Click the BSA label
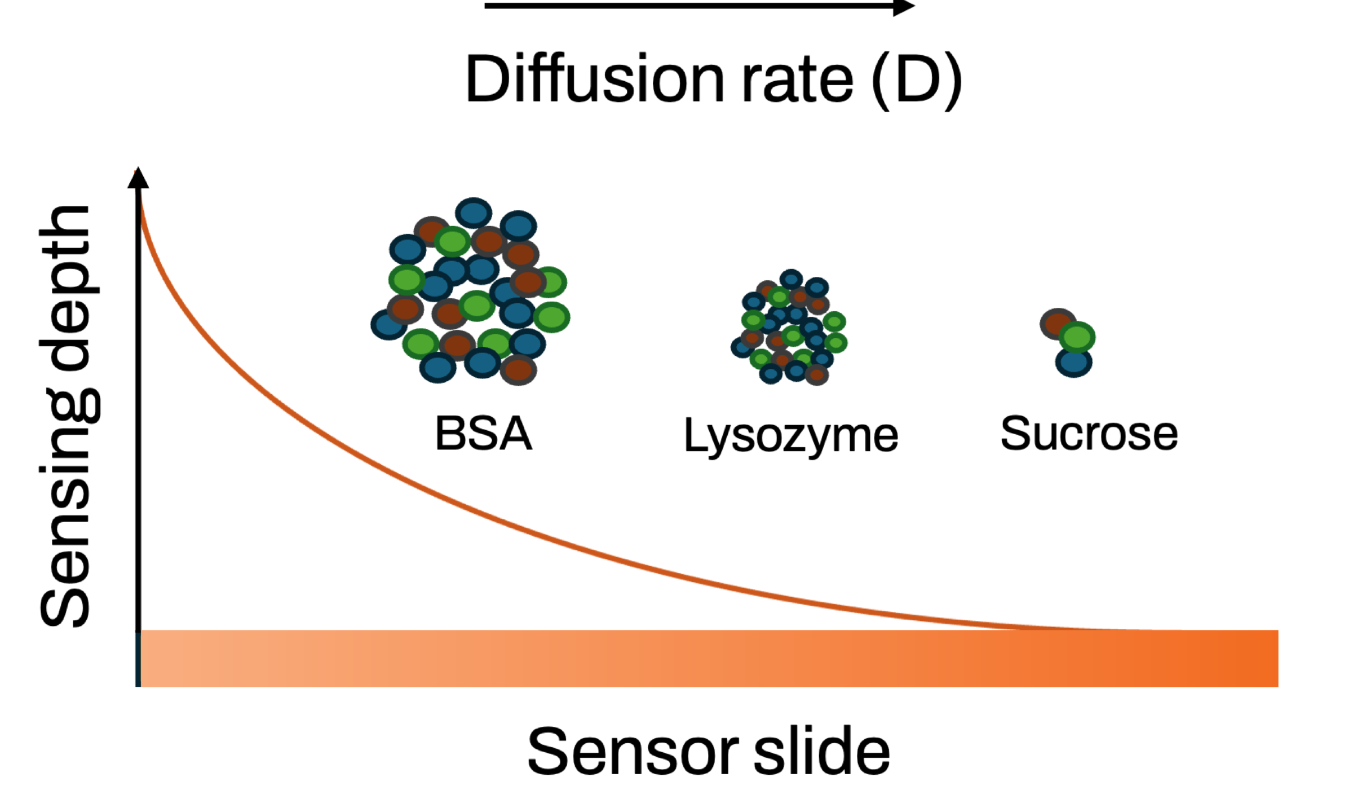[x=483, y=434]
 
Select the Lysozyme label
[x=790, y=436]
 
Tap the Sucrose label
[x=1089, y=434]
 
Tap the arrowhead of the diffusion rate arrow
[x=903, y=7]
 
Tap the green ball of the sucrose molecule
[x=1077, y=337]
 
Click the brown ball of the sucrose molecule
[x=1056, y=323]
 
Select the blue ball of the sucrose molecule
[x=1073, y=363]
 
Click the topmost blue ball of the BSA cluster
[x=474, y=213]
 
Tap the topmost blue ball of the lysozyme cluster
[x=791, y=279]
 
